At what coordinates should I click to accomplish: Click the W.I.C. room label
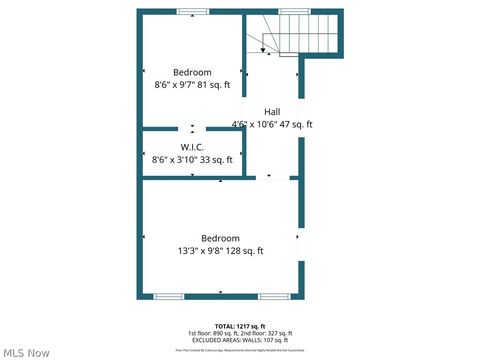click(x=192, y=147)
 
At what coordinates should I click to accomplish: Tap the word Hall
click(x=272, y=111)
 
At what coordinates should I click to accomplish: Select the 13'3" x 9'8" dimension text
click(x=220, y=251)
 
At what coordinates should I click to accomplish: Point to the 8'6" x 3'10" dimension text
click(x=192, y=159)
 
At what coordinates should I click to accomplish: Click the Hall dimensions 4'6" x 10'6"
click(x=272, y=124)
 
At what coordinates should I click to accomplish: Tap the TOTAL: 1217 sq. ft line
click(x=240, y=326)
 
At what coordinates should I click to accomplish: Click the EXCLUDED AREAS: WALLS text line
click(x=240, y=340)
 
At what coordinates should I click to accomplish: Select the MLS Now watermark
click(x=26, y=352)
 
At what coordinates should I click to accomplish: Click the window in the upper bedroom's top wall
click(x=192, y=12)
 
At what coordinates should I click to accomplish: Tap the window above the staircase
click(x=294, y=11)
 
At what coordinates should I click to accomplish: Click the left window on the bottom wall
click(x=168, y=296)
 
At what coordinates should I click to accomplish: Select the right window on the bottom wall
click(x=274, y=296)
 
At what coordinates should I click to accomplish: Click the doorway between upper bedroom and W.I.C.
click(x=192, y=129)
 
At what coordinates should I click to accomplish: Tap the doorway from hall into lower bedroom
click(x=268, y=178)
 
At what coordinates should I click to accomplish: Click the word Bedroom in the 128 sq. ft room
click(x=220, y=238)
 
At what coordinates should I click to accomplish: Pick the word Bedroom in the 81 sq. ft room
click(x=192, y=72)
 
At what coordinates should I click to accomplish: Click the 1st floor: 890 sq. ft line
click(x=240, y=333)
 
